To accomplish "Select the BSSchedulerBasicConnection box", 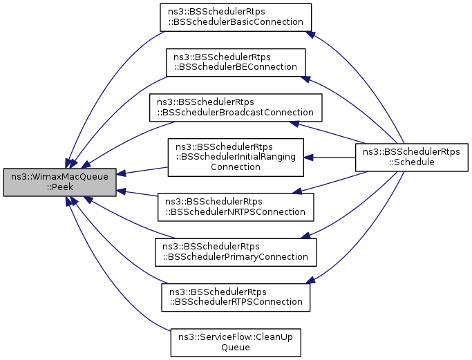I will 235,17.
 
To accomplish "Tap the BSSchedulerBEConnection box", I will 235,61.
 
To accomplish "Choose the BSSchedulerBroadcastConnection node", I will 235,106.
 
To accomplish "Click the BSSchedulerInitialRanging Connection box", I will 235,157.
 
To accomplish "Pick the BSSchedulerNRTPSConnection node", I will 235,207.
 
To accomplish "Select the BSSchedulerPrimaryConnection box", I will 235,252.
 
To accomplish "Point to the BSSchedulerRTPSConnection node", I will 235,296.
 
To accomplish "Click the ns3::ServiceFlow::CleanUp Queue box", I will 235,341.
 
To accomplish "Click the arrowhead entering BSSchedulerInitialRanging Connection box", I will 310,157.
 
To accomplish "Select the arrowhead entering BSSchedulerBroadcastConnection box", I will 294,124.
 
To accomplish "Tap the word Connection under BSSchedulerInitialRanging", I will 235,167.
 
